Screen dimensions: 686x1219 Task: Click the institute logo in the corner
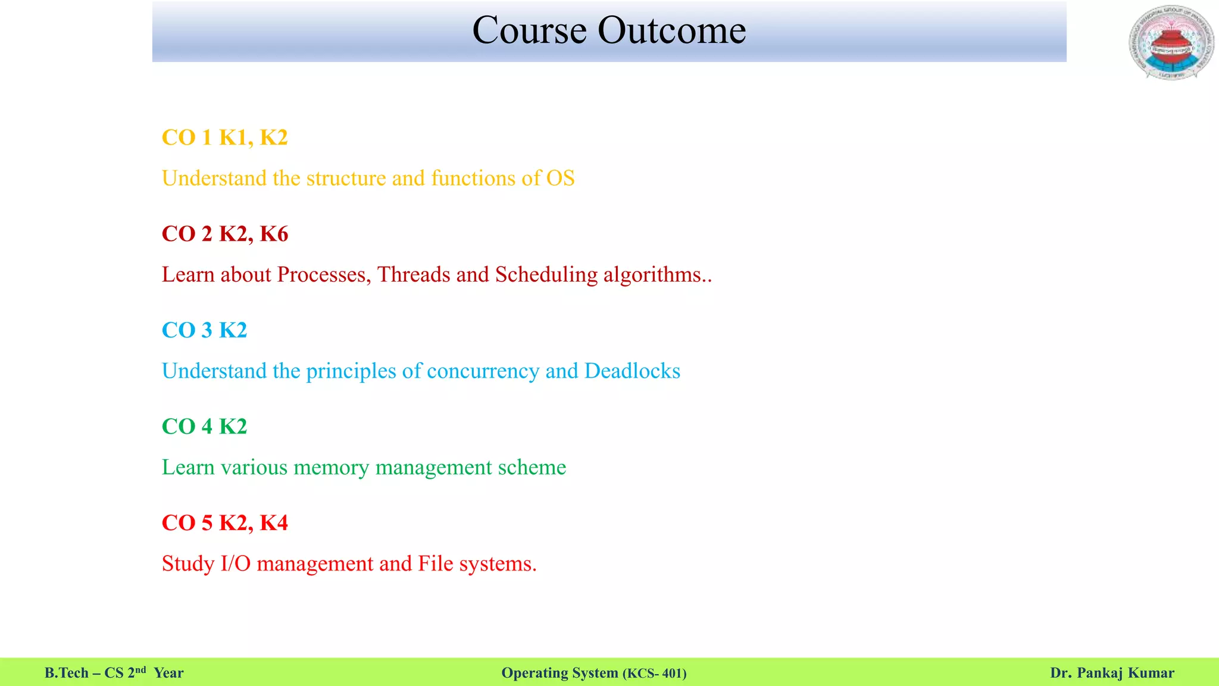click(1171, 43)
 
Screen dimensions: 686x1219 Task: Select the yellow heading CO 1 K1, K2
click(224, 138)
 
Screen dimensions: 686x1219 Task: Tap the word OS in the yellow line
click(560, 178)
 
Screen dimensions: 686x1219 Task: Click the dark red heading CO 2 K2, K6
click(224, 234)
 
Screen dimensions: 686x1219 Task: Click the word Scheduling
click(546, 275)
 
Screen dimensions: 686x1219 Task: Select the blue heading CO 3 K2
click(204, 330)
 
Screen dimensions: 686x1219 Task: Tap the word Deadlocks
click(632, 371)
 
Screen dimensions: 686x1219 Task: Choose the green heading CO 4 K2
click(204, 426)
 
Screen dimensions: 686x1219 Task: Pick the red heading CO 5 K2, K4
click(224, 523)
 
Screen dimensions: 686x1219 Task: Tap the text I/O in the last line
click(236, 563)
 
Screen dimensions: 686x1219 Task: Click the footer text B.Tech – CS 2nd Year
click(114, 673)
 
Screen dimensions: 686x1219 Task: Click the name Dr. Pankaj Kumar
click(1112, 673)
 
